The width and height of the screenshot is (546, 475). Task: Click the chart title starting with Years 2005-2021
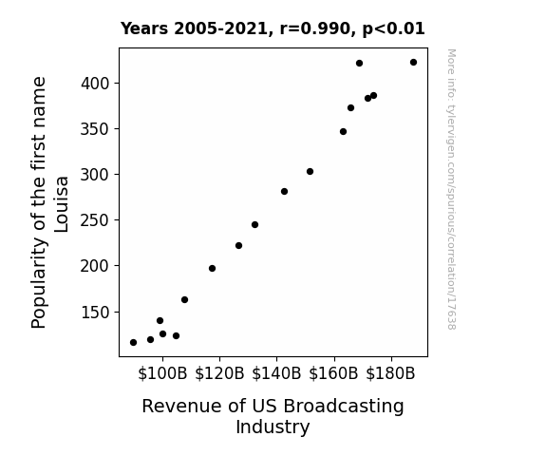pos(273,28)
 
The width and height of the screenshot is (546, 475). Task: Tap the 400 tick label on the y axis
pos(95,84)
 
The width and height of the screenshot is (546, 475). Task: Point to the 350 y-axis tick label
pos(95,129)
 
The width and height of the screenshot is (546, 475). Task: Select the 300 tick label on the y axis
pos(95,175)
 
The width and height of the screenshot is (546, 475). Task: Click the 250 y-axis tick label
pos(95,220)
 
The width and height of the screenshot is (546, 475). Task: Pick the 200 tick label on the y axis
pos(95,266)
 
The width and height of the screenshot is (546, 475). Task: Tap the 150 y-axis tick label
pos(95,312)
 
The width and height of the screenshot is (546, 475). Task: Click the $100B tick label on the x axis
pos(162,373)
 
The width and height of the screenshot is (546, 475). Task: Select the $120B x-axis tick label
pos(219,373)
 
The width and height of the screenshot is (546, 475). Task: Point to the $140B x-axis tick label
pos(276,373)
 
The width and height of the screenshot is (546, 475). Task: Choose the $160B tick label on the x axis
pos(333,373)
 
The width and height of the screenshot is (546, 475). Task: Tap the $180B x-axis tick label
pos(390,373)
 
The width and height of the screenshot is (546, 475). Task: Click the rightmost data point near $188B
pos(413,63)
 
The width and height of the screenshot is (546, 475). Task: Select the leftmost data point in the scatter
pos(133,343)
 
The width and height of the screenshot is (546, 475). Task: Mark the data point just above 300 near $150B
pos(310,171)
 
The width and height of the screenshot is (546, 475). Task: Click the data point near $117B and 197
pos(212,268)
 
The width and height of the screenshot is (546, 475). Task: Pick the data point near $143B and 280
pos(284,191)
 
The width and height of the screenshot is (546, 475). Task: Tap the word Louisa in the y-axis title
pos(62,204)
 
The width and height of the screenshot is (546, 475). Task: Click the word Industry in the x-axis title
pos(273,427)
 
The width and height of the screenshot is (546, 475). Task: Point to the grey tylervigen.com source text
pos(451,189)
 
